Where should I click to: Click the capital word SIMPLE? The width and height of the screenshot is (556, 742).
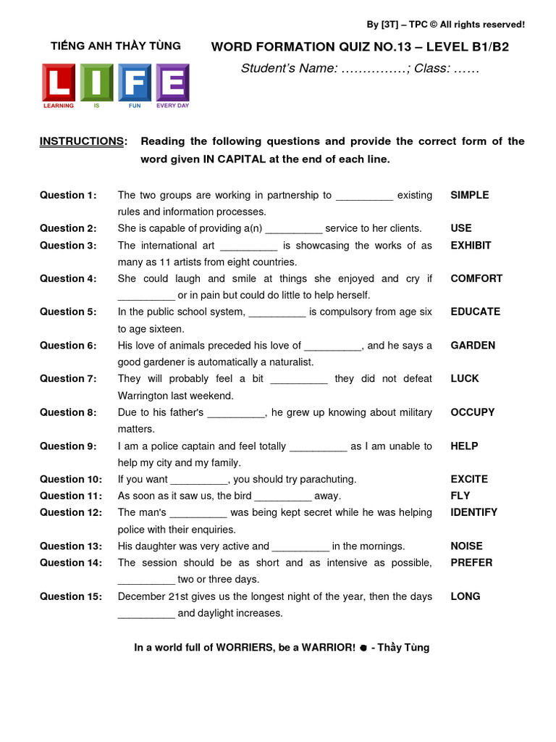click(x=469, y=195)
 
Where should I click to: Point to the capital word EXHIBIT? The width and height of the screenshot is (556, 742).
click(x=471, y=245)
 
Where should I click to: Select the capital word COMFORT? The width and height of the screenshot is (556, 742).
click(x=476, y=278)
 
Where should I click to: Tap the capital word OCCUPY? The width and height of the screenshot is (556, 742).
click(x=472, y=412)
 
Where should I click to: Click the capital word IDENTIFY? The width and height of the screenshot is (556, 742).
click(x=473, y=512)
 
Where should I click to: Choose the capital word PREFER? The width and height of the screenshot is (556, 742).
click(x=471, y=562)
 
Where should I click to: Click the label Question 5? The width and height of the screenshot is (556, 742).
click(x=67, y=312)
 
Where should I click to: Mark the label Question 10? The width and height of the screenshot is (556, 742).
click(x=70, y=479)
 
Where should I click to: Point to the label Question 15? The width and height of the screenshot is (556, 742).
click(x=70, y=596)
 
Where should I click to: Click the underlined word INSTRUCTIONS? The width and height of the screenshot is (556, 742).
click(x=82, y=141)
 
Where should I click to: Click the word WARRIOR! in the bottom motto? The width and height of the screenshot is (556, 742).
click(x=324, y=648)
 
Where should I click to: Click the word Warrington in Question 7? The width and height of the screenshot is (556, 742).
click(x=151, y=396)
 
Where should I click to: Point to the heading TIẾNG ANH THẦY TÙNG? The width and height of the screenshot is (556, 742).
click(x=116, y=46)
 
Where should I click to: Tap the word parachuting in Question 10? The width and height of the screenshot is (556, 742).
click(x=324, y=479)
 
